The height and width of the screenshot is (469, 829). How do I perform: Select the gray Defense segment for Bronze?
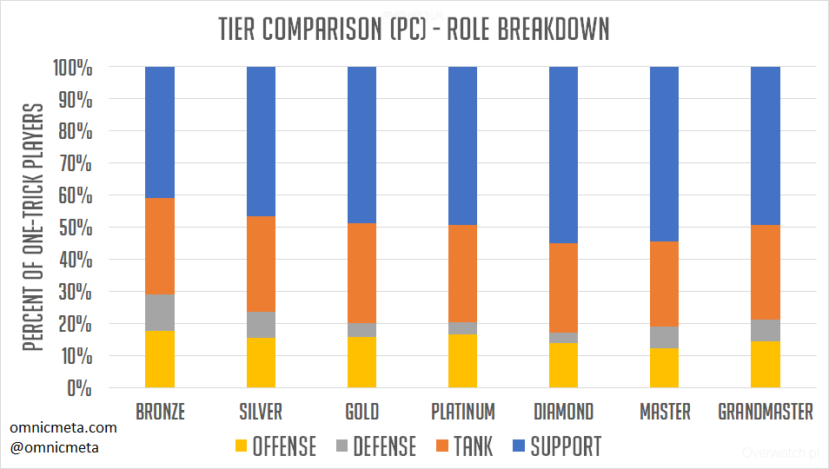pos(160,313)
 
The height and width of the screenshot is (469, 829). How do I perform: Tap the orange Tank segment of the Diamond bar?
pos(563,287)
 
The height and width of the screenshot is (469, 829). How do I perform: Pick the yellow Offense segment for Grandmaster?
pos(765,365)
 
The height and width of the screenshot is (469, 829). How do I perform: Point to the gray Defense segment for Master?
pos(664,337)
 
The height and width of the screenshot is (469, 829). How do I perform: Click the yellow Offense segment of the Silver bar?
pos(261,363)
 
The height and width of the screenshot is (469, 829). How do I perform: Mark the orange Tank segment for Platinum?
pos(462,274)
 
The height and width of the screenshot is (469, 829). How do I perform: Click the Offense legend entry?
pos(275,446)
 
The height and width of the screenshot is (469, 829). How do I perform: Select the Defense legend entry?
pos(375,446)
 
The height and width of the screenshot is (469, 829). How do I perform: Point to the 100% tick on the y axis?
pos(73,67)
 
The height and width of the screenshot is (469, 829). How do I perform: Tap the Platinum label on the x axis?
pos(462,412)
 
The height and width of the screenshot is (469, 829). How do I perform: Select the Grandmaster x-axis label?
pos(766,412)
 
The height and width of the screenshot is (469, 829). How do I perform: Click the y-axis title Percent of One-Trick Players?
pos(33,228)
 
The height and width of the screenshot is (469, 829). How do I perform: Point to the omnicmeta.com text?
pos(63,428)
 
